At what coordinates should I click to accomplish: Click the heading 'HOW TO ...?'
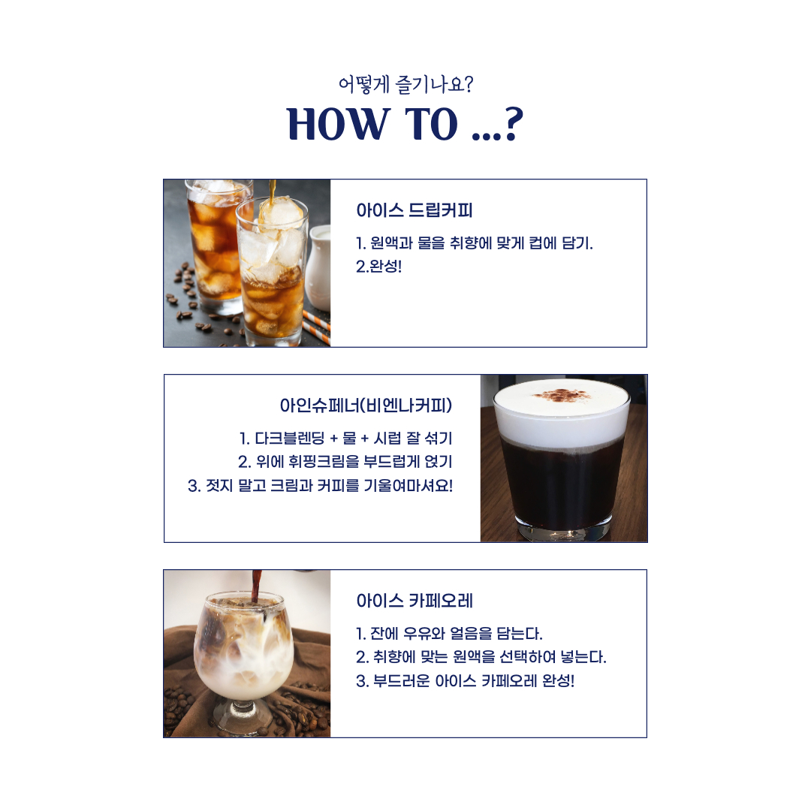coord(405,124)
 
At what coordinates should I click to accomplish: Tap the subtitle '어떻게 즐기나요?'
coord(405,84)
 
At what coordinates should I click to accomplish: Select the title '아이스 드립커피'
coord(415,210)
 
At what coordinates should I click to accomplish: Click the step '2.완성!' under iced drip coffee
coord(378,267)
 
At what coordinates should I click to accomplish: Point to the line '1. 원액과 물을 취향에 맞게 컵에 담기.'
coord(475,243)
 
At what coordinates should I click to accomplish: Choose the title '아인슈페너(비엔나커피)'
coord(366,405)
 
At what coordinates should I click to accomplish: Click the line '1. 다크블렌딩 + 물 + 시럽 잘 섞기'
coord(345,439)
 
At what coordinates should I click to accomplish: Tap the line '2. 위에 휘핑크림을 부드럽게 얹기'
coord(345,462)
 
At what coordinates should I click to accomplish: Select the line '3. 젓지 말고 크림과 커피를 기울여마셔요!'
coord(320,486)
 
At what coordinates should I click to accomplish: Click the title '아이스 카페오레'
coord(415,601)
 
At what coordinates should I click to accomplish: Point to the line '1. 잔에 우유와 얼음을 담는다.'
coord(449,633)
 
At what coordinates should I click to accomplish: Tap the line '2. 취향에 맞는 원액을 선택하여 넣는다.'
coord(481,657)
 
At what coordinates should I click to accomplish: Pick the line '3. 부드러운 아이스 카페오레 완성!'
coord(465,680)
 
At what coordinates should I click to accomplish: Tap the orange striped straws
coord(317,327)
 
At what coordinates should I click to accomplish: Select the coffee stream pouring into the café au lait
coord(256,587)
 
